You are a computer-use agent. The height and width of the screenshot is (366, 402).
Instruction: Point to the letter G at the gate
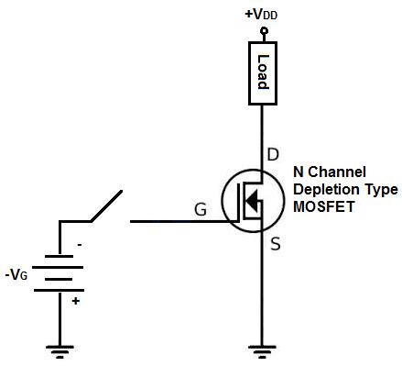[x=201, y=208]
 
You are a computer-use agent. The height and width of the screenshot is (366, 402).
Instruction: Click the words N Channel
[x=330, y=172]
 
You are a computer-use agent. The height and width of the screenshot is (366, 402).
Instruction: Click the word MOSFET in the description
[x=321, y=207]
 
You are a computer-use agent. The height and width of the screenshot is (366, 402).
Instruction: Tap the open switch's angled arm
[x=104, y=205]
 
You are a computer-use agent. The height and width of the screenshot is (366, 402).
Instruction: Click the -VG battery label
[x=18, y=273]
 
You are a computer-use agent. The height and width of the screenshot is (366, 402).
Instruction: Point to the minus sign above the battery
[x=80, y=246]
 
